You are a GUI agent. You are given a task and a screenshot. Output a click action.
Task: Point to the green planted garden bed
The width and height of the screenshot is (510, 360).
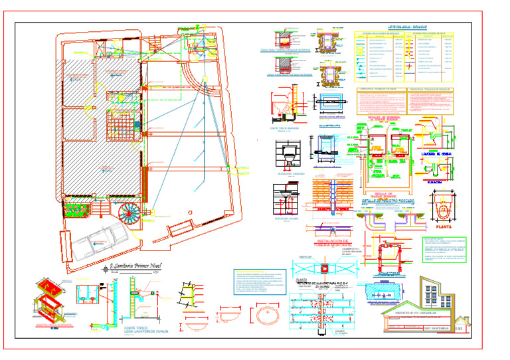coord(76,211)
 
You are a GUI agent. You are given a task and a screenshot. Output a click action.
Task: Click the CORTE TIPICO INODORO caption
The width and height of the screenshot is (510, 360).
coord(284,128)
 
